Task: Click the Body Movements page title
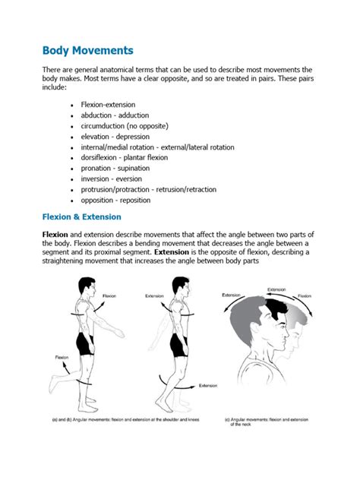pyautogui.click(x=88, y=51)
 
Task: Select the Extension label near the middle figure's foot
pyautogui.click(x=208, y=386)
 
